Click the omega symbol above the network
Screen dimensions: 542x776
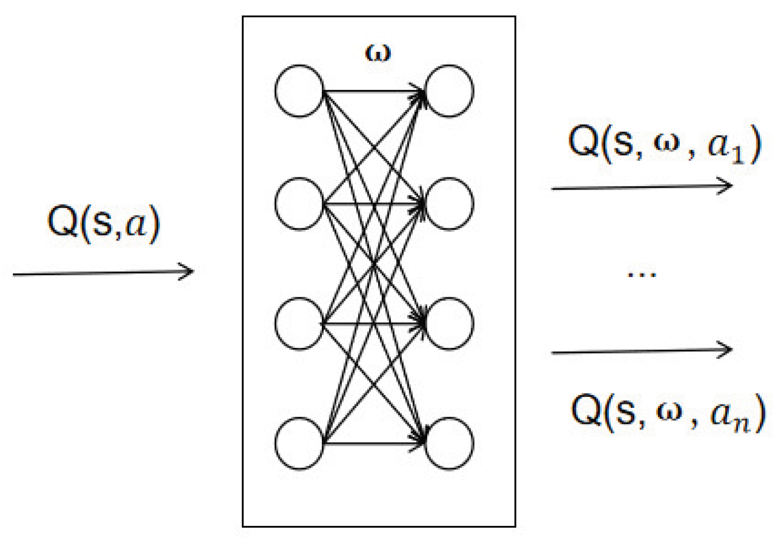coord(378,53)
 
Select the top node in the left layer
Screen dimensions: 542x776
coord(299,91)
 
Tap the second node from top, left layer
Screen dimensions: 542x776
coord(299,204)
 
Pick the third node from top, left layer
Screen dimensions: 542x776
coord(299,323)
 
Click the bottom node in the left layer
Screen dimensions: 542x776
coord(299,444)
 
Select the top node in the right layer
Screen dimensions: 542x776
coord(449,91)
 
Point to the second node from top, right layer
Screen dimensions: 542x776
coord(449,204)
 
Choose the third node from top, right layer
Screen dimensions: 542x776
coord(449,323)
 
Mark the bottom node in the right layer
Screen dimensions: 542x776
coord(449,444)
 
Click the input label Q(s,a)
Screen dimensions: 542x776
coord(104,223)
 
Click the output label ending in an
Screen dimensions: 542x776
coord(668,411)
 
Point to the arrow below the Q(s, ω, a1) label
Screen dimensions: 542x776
coord(641,187)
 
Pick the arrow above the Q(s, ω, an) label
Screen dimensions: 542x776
coord(641,350)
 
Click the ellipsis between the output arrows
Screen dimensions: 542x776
coord(641,275)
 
